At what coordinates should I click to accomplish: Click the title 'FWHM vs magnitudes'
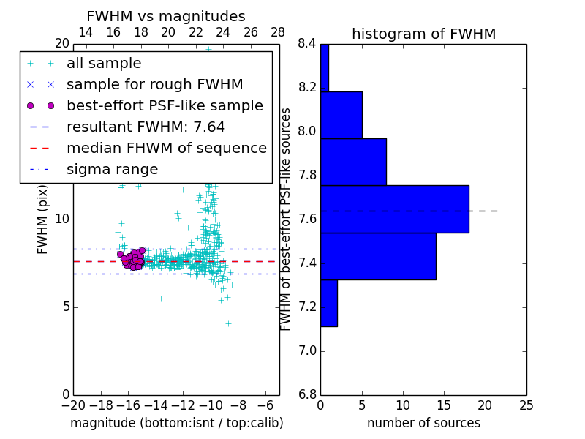click(166, 16)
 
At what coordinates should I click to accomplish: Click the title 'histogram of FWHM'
click(423, 34)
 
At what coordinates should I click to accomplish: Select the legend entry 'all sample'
click(104, 64)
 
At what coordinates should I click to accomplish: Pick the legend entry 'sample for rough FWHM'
click(154, 84)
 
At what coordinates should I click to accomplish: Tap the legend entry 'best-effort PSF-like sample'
click(165, 105)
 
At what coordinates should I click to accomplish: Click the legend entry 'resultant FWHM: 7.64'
click(146, 127)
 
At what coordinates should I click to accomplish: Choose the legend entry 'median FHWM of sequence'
click(166, 148)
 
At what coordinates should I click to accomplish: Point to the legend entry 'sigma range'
click(112, 169)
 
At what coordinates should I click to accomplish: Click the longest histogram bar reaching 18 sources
click(394, 209)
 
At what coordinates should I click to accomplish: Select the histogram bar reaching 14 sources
click(377, 256)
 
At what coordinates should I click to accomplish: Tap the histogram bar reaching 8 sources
click(353, 162)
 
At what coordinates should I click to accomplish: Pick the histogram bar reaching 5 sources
click(341, 115)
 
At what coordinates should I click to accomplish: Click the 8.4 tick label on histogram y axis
click(306, 44)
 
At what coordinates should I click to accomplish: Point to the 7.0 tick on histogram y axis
click(306, 350)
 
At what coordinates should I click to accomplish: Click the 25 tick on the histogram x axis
click(526, 405)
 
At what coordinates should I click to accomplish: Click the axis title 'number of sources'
click(423, 423)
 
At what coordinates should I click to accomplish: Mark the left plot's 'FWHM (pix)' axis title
click(42, 219)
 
